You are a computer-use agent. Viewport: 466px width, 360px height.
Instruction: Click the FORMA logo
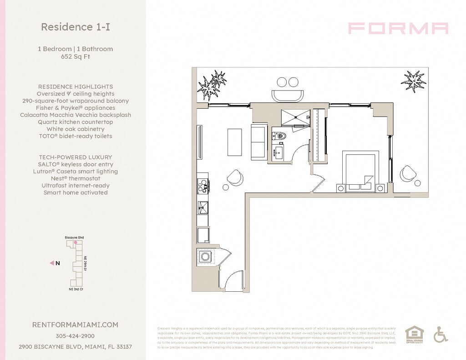[398, 28]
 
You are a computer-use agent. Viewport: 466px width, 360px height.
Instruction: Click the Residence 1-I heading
[75, 27]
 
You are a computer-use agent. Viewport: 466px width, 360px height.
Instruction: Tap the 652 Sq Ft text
[75, 57]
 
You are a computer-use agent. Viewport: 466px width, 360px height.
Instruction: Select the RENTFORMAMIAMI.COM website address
[75, 325]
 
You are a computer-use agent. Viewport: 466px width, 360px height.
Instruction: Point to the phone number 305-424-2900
[75, 336]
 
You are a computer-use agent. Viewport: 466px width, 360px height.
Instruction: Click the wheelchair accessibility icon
[440, 335]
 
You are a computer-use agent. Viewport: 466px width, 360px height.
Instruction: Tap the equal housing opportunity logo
[414, 335]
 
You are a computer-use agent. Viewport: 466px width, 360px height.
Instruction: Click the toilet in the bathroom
[279, 135]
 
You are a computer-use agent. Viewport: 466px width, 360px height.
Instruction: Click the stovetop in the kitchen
[203, 184]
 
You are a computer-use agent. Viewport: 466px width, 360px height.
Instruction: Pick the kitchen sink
[203, 208]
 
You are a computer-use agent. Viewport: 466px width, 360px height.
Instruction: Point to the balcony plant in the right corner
[413, 80]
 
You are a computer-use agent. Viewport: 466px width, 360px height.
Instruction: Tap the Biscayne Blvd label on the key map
[74, 238]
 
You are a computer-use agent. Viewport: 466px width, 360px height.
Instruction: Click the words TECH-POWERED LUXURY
[75, 157]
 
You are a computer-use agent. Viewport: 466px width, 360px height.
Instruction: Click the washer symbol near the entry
[206, 257]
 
